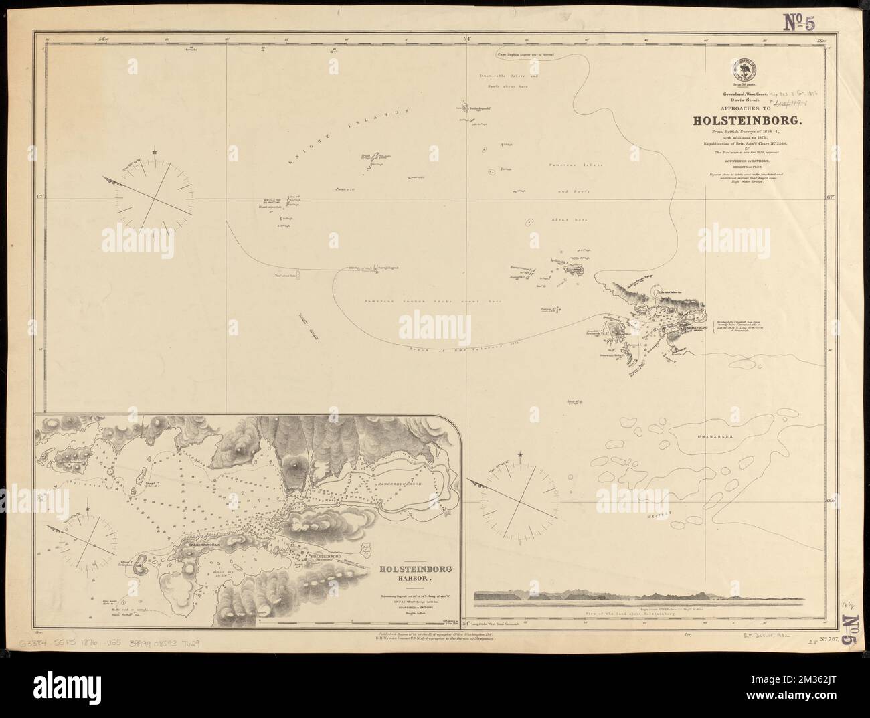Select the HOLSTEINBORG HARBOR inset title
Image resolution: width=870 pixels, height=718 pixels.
click(406, 573)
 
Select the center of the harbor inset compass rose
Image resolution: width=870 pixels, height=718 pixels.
click(88, 543)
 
